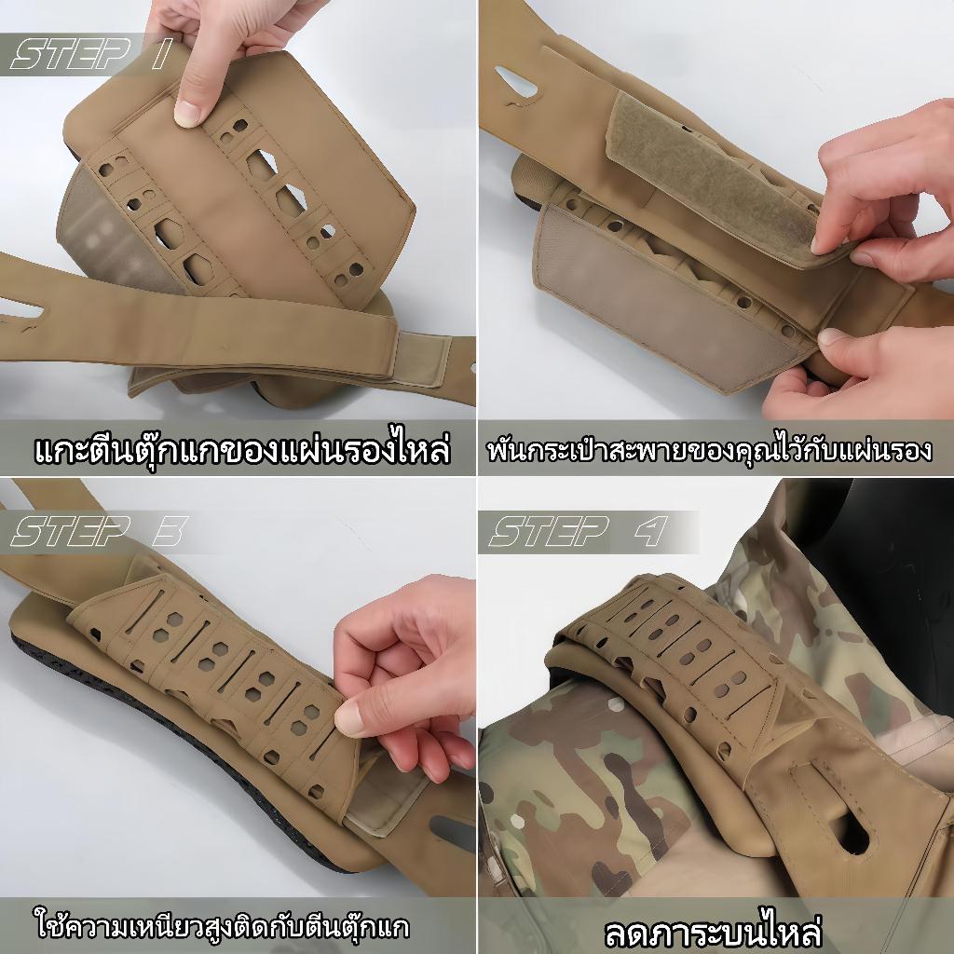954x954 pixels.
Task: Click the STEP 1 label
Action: pyautogui.click(x=91, y=53)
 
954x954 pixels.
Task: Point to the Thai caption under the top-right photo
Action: pyautogui.click(x=709, y=450)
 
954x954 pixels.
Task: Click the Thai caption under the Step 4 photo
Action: pyautogui.click(x=713, y=930)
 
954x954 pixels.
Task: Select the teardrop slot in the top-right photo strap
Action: pyautogui.click(x=516, y=82)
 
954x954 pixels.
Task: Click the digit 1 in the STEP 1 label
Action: pyautogui.click(x=162, y=53)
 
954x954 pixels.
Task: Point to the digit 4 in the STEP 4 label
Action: pyautogui.click(x=651, y=531)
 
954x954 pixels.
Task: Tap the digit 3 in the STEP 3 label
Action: pyautogui.click(x=170, y=531)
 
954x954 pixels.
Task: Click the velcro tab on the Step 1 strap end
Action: pyautogui.click(x=424, y=359)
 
